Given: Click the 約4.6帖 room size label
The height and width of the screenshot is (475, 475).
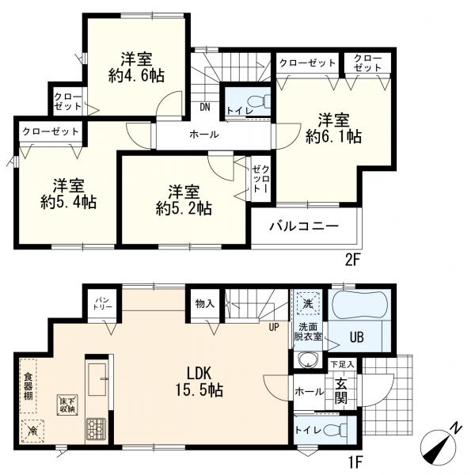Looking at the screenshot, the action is tap(136, 75).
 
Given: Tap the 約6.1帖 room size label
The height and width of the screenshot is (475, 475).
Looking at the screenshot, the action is tap(333, 136).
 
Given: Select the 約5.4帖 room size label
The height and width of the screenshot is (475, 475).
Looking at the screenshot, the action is tap(69, 202).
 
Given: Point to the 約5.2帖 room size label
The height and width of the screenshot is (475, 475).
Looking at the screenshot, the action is tap(184, 208).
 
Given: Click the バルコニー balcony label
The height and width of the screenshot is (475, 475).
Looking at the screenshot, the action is tap(304, 226).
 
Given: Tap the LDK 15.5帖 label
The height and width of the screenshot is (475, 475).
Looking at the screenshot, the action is tap(199, 382).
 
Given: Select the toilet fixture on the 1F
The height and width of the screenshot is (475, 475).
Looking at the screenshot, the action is tap(336, 431).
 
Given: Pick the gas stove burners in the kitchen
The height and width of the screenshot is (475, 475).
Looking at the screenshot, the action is tap(97, 428).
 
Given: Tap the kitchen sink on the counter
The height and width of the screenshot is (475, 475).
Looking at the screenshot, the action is tap(97, 379).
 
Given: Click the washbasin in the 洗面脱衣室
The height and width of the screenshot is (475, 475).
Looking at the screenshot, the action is tap(307, 360).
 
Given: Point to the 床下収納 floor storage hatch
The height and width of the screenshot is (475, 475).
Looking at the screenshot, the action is tap(68, 405).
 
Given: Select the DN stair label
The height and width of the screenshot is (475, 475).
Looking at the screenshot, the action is tap(205, 108).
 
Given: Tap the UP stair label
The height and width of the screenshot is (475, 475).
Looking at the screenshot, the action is tap(274, 327).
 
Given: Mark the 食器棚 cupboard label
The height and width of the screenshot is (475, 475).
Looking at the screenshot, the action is tap(28, 386).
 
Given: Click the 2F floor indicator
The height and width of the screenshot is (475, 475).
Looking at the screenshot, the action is tap(352, 260).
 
